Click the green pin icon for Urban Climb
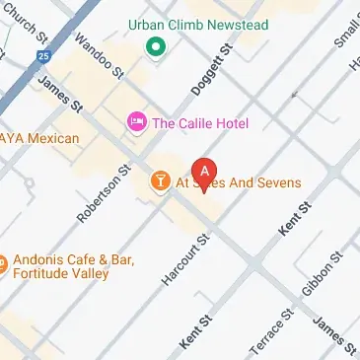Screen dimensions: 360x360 [x=154, y=46]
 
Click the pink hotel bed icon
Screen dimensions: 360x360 [x=137, y=122]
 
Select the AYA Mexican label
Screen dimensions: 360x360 [x=39, y=139]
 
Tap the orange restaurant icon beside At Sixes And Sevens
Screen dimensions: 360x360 [x=158, y=181]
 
